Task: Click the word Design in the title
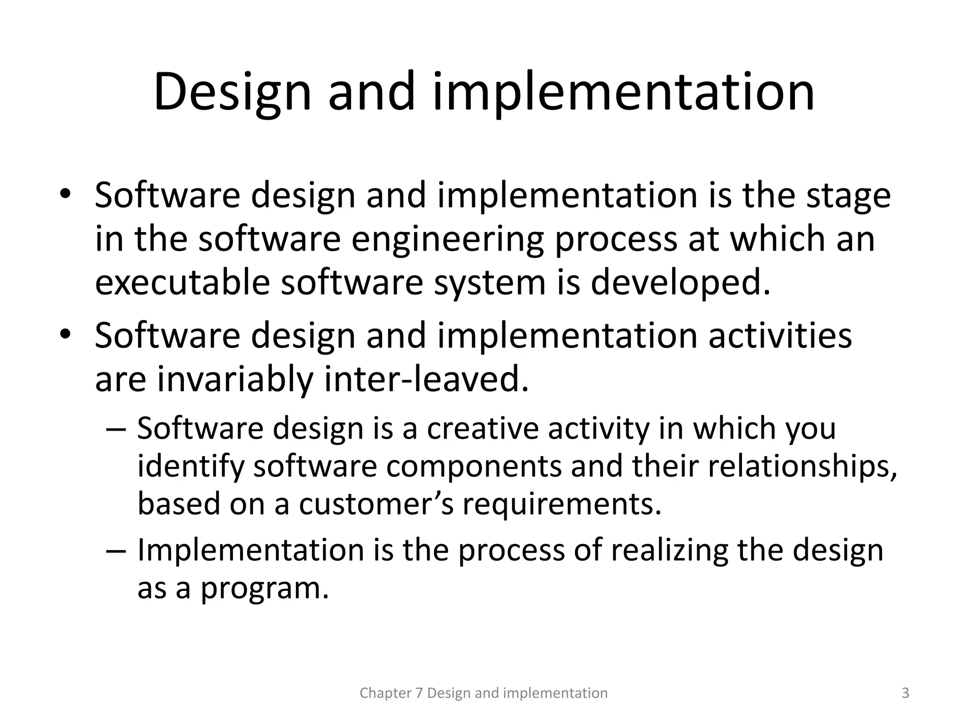tap(232, 92)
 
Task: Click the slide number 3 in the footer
tap(905, 693)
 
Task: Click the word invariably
tap(235, 380)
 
